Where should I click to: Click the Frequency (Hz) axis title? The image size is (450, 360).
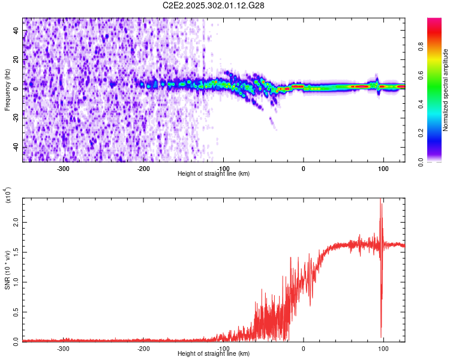7,90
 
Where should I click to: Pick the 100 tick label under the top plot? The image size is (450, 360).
383,168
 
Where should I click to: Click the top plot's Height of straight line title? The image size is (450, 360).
214,174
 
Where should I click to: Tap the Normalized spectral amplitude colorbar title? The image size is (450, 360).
445,90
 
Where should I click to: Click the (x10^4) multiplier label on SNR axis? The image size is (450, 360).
8,196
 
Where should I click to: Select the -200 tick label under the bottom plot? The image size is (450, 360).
143,348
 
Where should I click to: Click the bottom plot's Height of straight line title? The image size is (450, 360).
214,354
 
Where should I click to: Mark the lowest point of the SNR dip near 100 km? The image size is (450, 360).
381,337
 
